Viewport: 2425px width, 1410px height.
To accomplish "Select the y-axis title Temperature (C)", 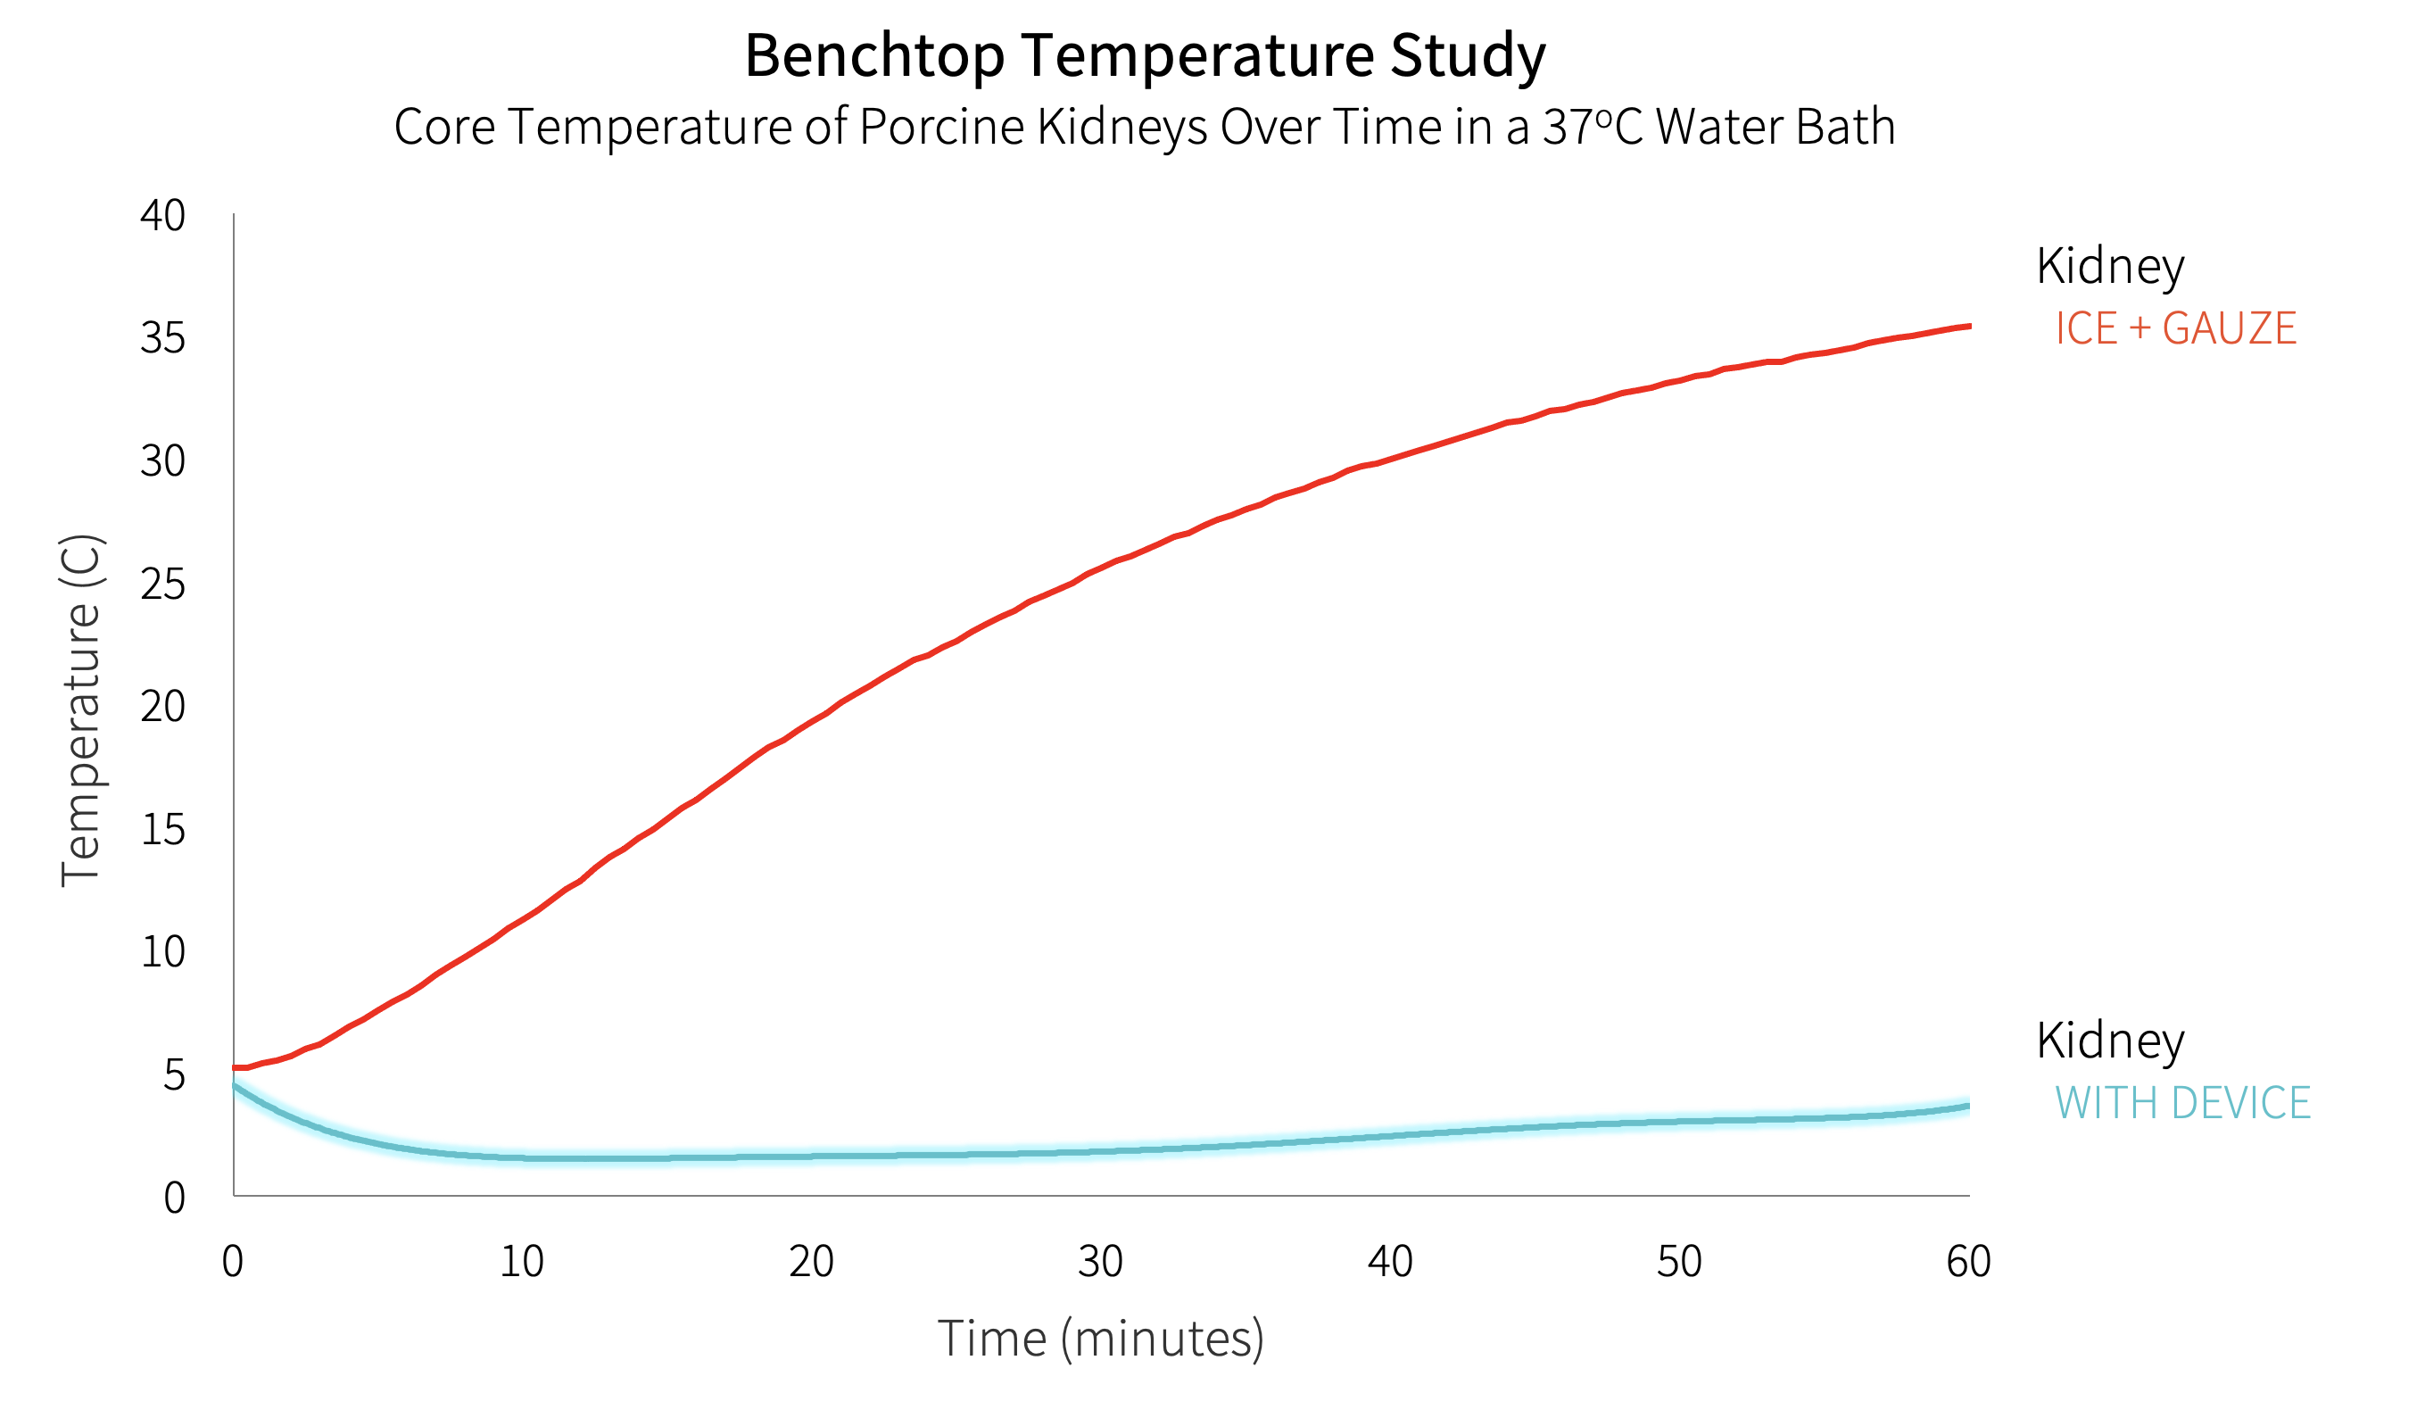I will coord(81,710).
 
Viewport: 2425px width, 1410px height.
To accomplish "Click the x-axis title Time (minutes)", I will coord(1100,1339).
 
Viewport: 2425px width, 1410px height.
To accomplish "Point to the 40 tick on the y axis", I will coord(162,216).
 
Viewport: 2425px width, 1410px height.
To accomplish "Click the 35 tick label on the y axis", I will coord(162,338).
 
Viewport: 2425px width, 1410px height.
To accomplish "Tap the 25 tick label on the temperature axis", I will coord(162,585).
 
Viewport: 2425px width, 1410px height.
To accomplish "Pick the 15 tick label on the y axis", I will coord(162,830).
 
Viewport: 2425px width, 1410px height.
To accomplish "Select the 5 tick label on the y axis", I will coord(174,1075).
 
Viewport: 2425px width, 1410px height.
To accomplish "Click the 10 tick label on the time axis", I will coord(522,1262).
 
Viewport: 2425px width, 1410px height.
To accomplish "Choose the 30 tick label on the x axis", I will coord(1100,1262).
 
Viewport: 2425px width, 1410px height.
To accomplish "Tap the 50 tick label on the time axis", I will coord(1679,1262).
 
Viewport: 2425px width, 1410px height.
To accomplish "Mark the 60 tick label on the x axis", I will coord(1969,1262).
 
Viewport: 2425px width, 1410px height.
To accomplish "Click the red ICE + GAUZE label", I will coord(2175,329).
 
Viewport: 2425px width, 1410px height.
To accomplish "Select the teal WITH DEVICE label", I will coord(2182,1103).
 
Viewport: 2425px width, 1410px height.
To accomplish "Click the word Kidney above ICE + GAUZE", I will coord(2109,267).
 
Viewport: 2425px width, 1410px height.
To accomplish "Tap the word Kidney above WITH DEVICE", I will coord(2109,1041).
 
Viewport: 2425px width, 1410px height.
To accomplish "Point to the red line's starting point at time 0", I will coord(236,1068).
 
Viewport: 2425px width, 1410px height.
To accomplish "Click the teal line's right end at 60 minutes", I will coord(1967,1106).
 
